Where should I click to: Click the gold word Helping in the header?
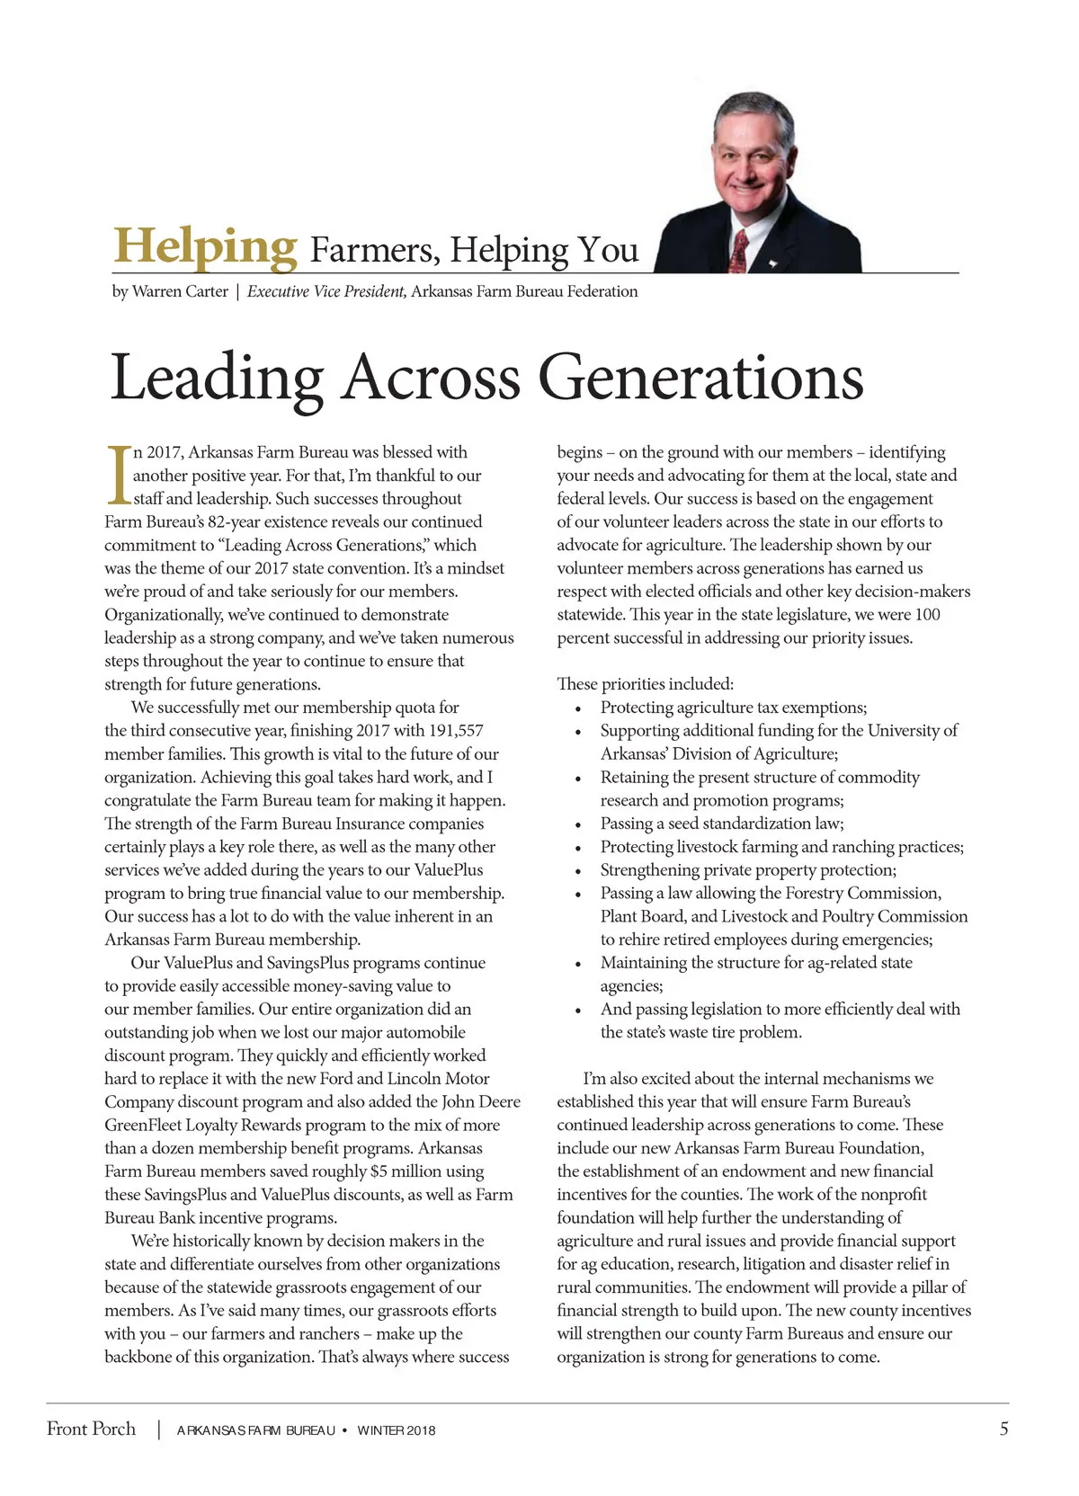click(x=205, y=246)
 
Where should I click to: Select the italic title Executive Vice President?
click(x=326, y=291)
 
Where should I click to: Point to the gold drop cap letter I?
click(x=117, y=474)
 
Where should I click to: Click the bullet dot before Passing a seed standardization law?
click(x=579, y=824)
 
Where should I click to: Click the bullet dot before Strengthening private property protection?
click(x=579, y=871)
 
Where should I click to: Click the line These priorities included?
click(x=645, y=684)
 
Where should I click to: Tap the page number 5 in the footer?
click(x=1003, y=1429)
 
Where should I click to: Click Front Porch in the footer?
click(x=91, y=1429)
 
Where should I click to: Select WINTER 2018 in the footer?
click(x=396, y=1430)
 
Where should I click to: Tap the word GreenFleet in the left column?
click(x=145, y=1126)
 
